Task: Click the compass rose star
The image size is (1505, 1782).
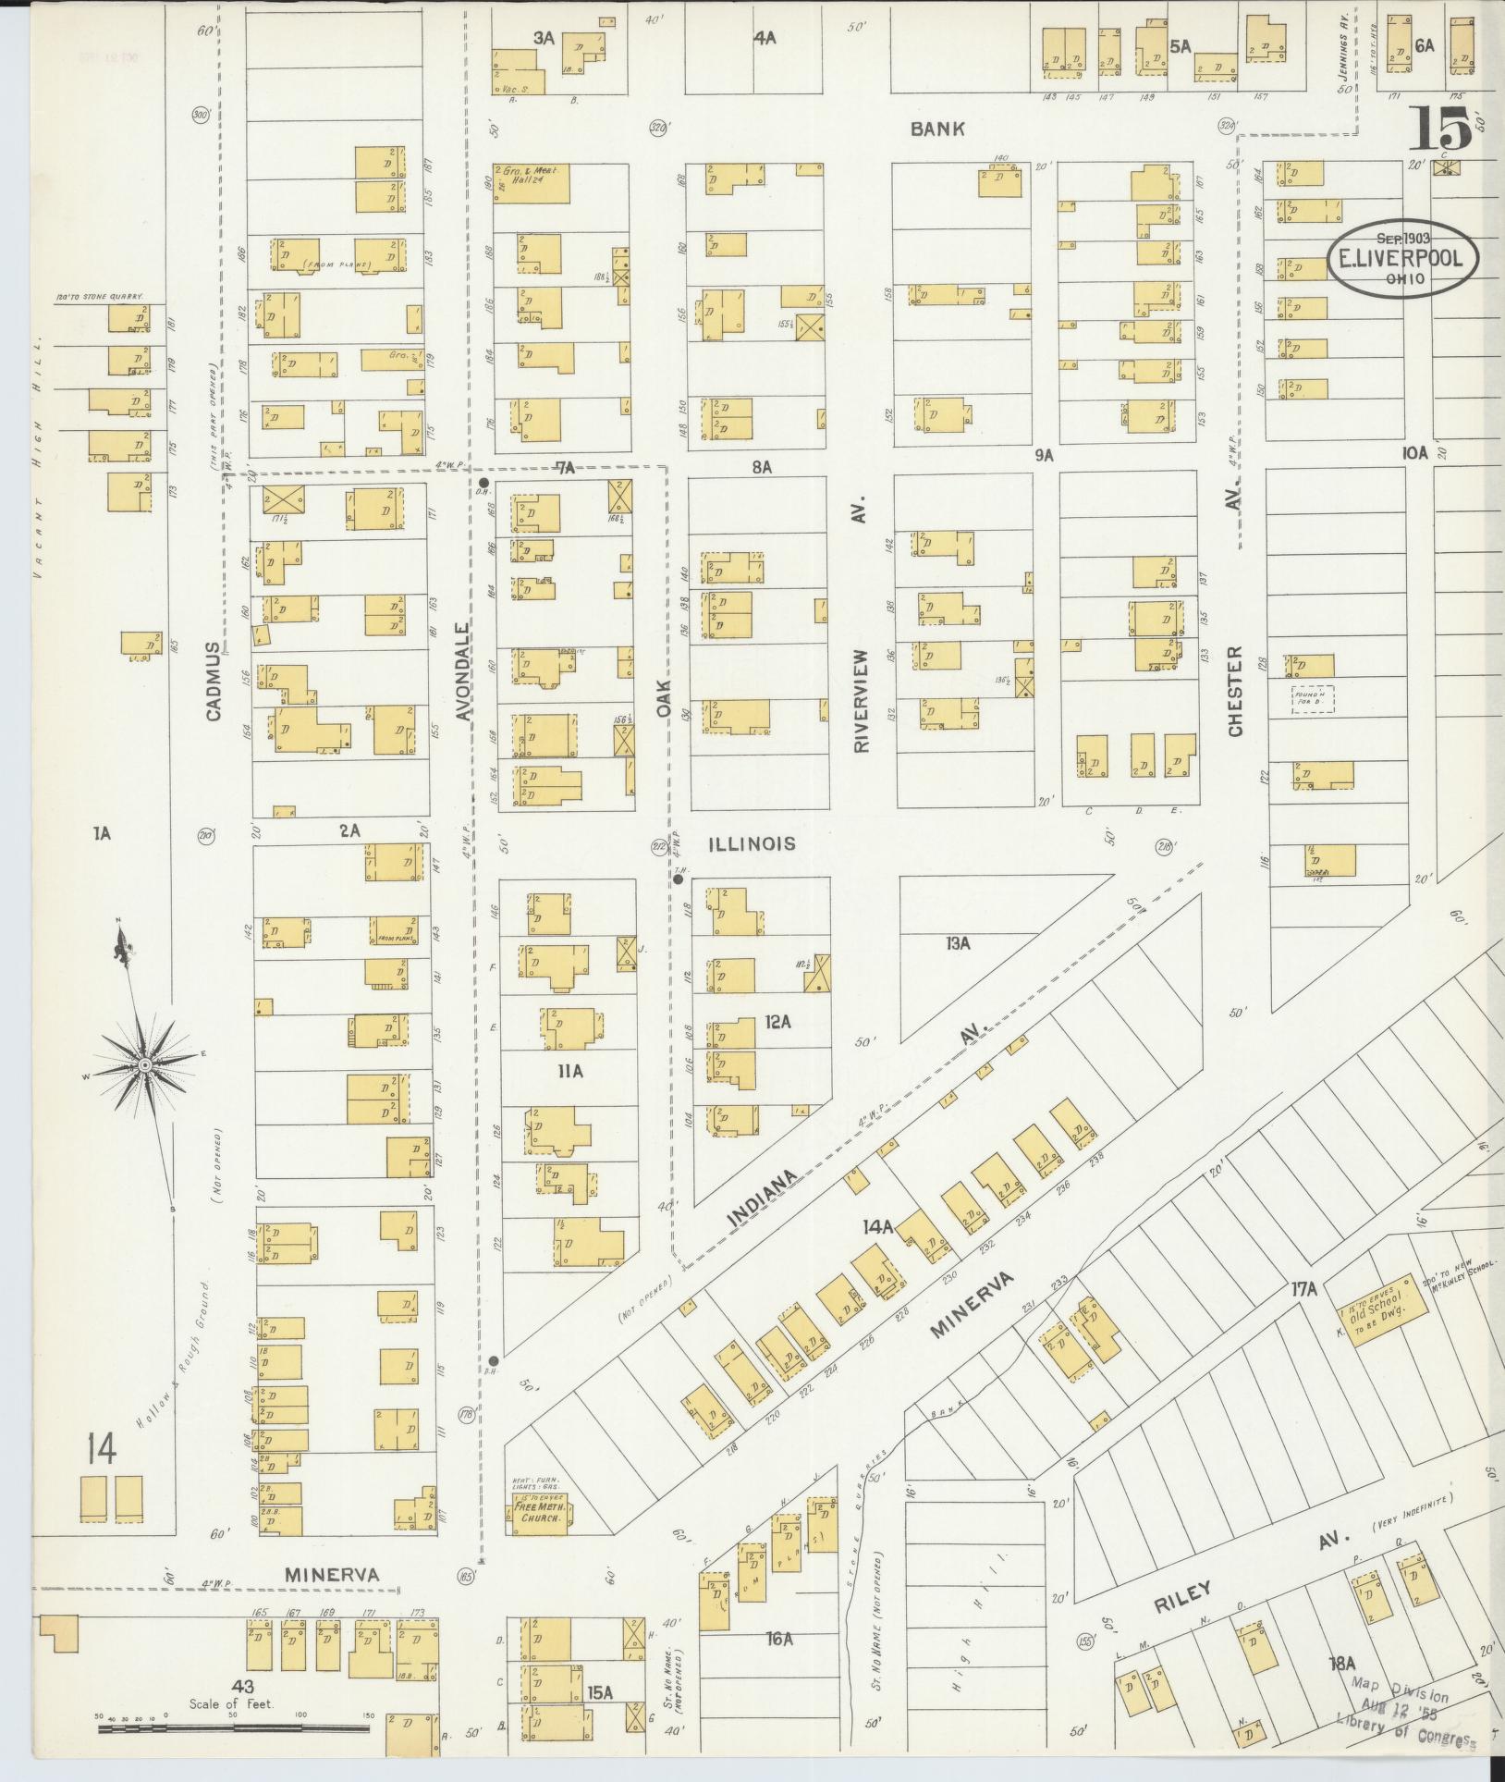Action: click(x=145, y=1066)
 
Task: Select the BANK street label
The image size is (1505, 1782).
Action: click(x=936, y=129)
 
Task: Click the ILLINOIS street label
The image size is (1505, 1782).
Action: click(x=752, y=843)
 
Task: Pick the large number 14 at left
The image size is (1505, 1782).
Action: click(x=102, y=1449)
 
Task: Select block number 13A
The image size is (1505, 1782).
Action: click(x=958, y=943)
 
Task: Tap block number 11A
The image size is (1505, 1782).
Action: click(x=570, y=1071)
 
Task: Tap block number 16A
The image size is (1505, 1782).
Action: click(x=778, y=1640)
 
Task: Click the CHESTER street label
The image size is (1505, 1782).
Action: click(x=1235, y=690)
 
